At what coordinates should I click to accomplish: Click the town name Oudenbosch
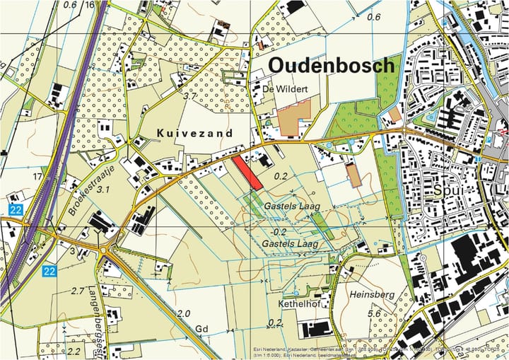332,66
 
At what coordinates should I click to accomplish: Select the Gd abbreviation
202,329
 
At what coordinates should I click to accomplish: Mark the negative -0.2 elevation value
279,231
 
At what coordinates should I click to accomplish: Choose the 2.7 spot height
78,291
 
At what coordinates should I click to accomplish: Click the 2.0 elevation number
184,313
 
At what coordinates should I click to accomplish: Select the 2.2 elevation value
74,350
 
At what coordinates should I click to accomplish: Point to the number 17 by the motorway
37,176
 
